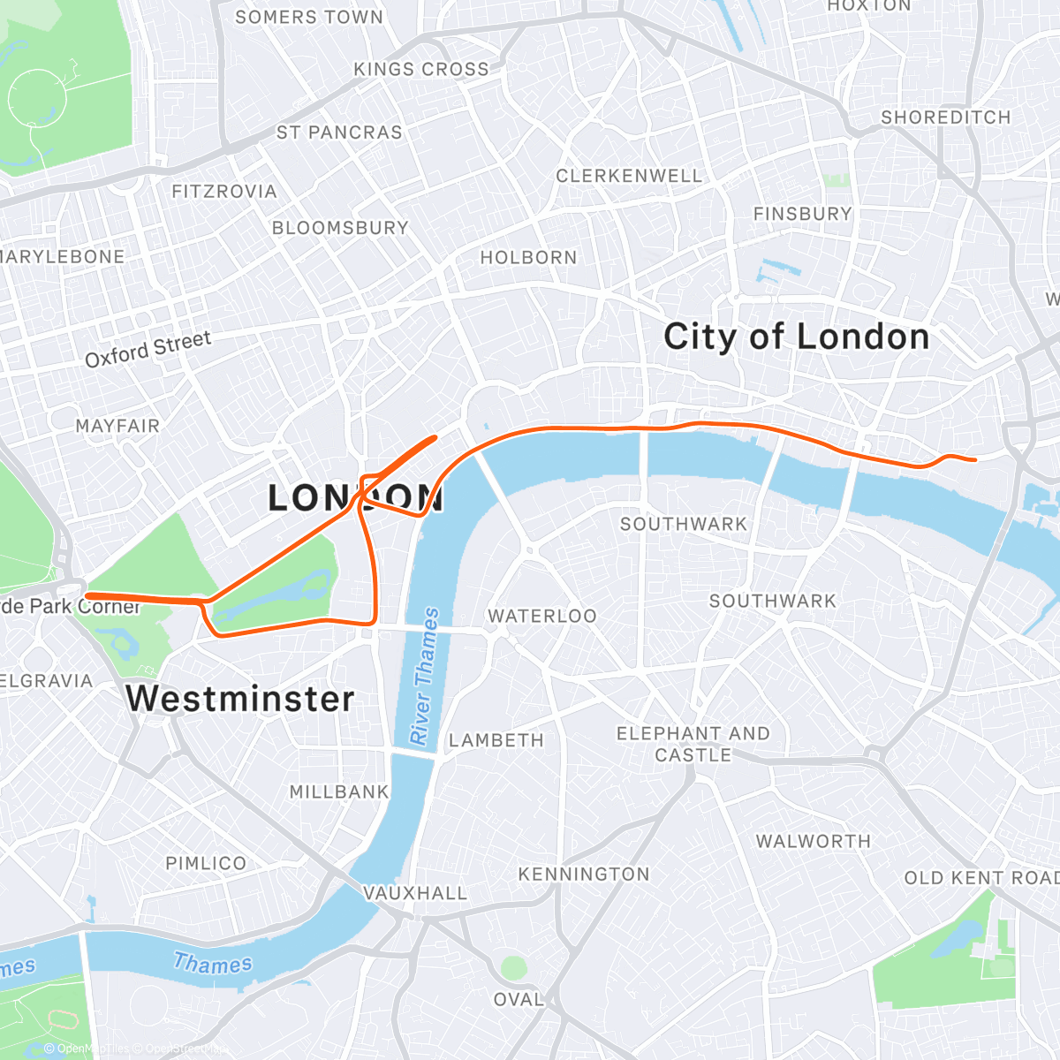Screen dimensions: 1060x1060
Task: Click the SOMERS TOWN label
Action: (309, 17)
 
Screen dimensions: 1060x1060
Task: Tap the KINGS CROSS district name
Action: (420, 69)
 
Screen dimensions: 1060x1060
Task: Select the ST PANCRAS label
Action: (339, 132)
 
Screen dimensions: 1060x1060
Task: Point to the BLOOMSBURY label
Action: (340, 227)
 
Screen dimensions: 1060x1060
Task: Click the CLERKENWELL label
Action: (629, 176)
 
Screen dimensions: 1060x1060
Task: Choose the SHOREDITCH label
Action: (945, 117)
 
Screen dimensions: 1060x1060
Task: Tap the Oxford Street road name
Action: (148, 348)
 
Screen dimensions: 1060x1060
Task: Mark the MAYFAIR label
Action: (117, 426)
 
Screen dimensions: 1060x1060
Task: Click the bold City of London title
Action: (796, 337)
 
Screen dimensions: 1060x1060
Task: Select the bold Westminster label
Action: (240, 699)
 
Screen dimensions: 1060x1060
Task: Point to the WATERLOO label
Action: (542, 616)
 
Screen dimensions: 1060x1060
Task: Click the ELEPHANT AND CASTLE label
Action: (693, 744)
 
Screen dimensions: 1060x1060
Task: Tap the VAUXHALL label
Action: (415, 893)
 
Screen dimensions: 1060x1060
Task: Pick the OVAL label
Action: (519, 999)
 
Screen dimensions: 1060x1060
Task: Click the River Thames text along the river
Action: (424, 676)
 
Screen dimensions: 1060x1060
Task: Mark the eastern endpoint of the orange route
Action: (974, 459)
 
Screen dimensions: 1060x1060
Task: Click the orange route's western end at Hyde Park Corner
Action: (87, 596)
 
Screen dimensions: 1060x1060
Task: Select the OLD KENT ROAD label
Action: (980, 877)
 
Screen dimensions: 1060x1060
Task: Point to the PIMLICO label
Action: (206, 863)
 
